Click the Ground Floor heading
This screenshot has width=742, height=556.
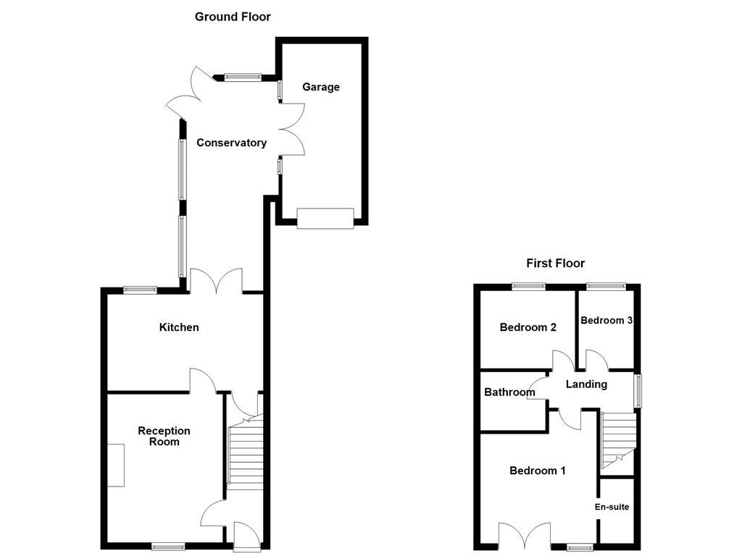click(233, 17)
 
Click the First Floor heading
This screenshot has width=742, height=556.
click(555, 264)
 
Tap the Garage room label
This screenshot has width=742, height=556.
click(321, 87)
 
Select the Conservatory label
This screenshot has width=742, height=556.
click(231, 143)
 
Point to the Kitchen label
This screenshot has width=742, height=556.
click(179, 327)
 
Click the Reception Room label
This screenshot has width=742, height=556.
click(164, 436)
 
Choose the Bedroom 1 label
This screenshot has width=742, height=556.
click(538, 471)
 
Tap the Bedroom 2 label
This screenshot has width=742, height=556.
click(528, 327)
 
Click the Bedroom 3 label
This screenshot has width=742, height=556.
click(606, 320)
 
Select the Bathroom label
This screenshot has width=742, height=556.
click(509, 392)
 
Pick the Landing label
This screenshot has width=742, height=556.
click(586, 384)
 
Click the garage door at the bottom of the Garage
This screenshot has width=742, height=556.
click(325, 218)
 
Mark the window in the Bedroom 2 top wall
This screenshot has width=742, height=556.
click(527, 286)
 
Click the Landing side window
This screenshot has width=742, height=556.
click(638, 391)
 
